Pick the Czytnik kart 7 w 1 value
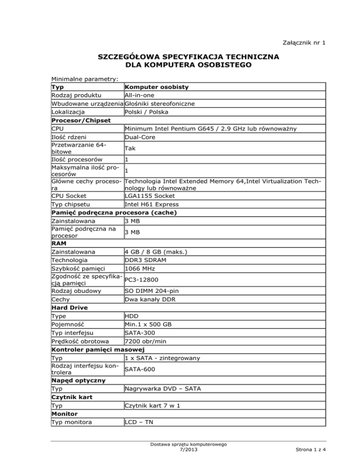[x=154, y=405]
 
